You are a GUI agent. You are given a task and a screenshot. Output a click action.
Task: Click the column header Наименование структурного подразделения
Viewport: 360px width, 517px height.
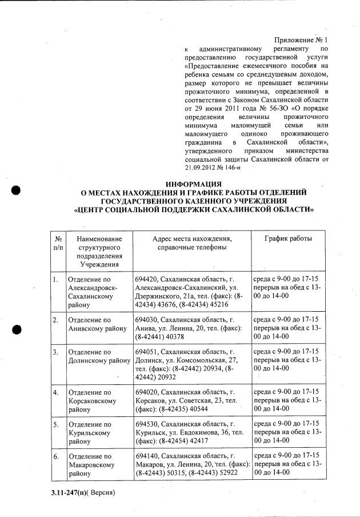point(99,250)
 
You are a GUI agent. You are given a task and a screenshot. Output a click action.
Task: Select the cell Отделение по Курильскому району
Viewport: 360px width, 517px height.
point(93,434)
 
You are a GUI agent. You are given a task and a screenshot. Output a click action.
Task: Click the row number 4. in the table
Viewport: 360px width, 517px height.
point(55,393)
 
